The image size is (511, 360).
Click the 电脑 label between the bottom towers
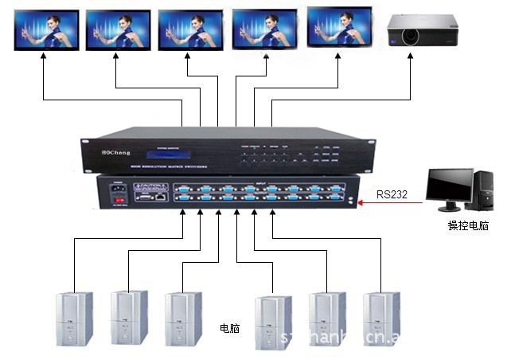point(232,327)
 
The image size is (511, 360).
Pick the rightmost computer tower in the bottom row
point(380,318)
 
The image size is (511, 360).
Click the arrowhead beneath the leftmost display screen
point(41,61)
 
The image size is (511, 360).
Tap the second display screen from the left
point(117,30)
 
